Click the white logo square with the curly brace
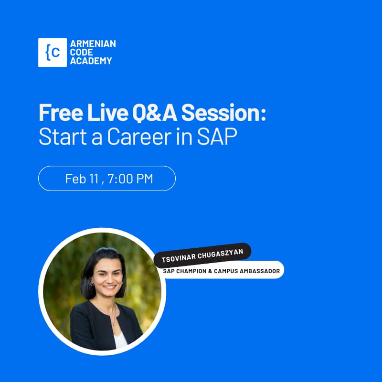[52, 53]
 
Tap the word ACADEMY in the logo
[91, 61]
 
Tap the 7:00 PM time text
[130, 179]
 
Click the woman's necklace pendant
[113, 324]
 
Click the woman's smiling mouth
[109, 287]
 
